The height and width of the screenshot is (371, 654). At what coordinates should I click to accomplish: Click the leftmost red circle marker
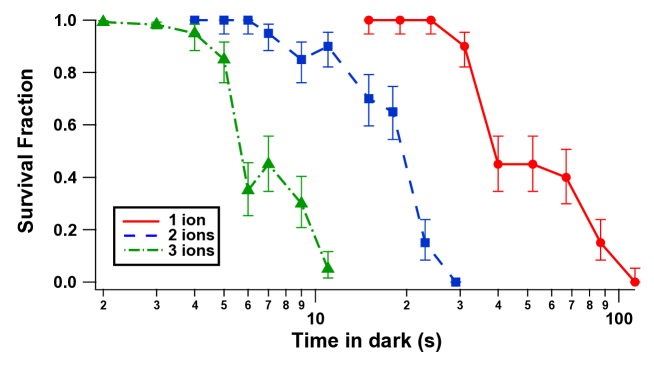point(369,20)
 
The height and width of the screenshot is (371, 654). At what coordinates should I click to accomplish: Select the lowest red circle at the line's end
point(635,282)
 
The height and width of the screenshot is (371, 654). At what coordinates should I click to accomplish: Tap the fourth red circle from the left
point(464,46)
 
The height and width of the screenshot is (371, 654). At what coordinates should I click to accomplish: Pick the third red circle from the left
point(431,20)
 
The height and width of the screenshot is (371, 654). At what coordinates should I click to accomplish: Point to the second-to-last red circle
point(600,242)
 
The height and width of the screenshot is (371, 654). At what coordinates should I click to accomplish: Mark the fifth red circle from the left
point(498,164)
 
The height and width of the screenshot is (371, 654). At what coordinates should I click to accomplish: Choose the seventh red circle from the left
point(566,177)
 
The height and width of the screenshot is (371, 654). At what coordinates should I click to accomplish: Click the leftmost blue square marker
point(195,20)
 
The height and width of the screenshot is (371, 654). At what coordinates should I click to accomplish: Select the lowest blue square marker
point(455,282)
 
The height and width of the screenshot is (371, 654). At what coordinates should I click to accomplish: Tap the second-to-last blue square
point(425,242)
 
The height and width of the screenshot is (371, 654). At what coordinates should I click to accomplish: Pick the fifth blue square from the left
point(301,59)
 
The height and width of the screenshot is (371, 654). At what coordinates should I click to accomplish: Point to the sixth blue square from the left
point(328,46)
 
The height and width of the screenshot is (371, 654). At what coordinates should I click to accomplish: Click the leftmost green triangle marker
point(103,20)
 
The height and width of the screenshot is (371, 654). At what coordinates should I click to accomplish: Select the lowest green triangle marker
point(328,266)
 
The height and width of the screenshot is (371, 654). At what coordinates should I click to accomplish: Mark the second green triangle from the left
point(157,23)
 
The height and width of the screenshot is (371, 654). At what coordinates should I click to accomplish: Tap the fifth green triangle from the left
point(248,187)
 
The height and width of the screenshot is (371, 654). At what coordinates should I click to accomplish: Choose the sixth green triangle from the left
point(268,163)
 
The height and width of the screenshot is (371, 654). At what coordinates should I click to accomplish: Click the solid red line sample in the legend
point(141,221)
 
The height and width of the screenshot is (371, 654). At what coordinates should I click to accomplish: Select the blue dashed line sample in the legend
point(141,235)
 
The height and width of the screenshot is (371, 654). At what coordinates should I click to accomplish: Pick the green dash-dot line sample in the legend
point(142,249)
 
